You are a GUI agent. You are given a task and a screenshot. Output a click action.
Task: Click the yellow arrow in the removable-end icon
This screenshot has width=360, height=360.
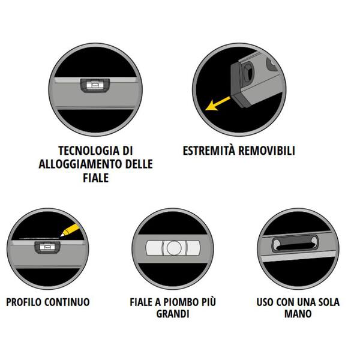[x=218, y=104]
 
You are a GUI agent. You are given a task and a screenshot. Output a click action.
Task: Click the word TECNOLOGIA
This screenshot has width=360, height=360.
[x=89, y=151]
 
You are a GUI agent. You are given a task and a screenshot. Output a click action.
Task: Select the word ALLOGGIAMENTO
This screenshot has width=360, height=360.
[x=80, y=164]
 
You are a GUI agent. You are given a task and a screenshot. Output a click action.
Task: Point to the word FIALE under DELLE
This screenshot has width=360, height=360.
[x=96, y=178]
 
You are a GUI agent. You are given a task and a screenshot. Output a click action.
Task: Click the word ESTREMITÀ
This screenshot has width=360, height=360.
[x=209, y=151]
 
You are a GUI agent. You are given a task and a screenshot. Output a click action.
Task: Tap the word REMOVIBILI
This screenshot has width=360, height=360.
[x=266, y=151]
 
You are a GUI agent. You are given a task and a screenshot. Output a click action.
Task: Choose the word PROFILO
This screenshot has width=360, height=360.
[x=23, y=302]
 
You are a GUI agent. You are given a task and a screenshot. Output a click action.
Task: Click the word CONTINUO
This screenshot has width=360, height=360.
[x=67, y=302]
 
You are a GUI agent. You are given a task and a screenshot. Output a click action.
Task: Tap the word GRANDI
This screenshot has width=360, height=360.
[x=173, y=314]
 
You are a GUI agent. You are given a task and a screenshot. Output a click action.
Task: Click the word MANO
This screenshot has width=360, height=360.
[x=298, y=314]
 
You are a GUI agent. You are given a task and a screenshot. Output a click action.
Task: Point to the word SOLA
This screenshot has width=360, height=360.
[x=328, y=302]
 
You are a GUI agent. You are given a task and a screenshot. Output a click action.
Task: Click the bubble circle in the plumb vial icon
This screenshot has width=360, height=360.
[x=174, y=248]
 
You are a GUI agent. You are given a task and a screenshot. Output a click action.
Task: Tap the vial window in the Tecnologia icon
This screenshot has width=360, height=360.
[x=95, y=85]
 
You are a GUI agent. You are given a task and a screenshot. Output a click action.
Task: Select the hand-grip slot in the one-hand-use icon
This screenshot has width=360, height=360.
[x=295, y=244]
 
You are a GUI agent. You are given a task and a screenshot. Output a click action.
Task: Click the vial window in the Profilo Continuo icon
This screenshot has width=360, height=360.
[x=47, y=247]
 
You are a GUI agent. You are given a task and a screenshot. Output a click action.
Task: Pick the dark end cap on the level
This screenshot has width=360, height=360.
[x=240, y=85]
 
